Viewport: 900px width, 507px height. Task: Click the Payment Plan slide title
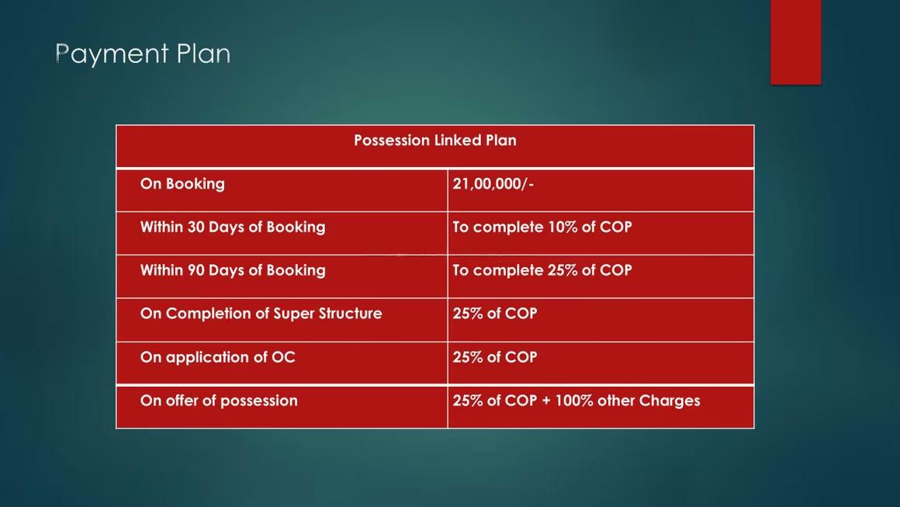[x=143, y=54]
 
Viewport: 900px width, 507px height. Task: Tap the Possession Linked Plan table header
[x=435, y=141]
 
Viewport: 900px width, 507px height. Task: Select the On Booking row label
[x=182, y=184]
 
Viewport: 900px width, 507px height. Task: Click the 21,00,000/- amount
[x=493, y=184]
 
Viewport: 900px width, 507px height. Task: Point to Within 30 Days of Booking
[x=233, y=227]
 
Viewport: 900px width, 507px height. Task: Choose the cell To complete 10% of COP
[x=542, y=227]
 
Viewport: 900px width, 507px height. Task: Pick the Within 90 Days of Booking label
[x=233, y=270]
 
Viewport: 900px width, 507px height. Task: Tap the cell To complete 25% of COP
[x=542, y=270]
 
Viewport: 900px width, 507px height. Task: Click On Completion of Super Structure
[x=261, y=314]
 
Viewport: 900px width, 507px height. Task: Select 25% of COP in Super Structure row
[x=495, y=314]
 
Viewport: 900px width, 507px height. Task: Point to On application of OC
[x=217, y=358]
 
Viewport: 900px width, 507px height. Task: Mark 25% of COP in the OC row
[x=495, y=357]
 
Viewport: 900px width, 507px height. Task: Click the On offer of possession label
[x=219, y=401]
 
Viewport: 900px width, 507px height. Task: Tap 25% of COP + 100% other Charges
[x=576, y=401]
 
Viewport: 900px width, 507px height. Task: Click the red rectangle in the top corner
[x=795, y=42]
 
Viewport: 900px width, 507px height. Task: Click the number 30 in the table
[x=196, y=227]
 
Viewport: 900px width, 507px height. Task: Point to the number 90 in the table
[x=196, y=270]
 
